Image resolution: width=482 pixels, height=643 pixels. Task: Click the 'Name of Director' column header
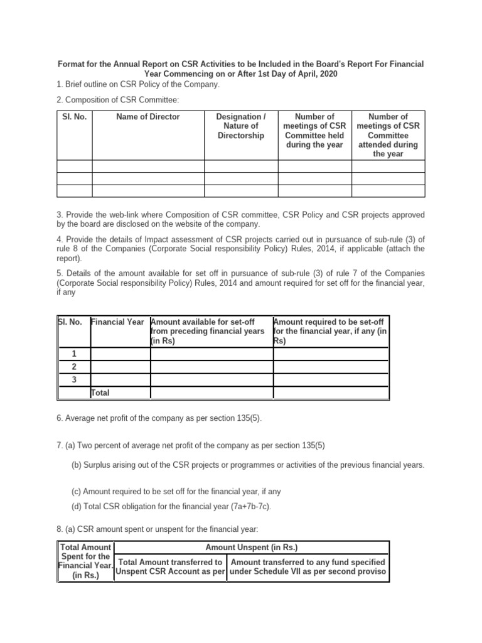(x=148, y=117)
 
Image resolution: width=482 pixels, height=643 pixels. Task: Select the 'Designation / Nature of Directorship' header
(x=240, y=126)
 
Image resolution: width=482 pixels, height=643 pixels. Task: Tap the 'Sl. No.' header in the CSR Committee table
(x=74, y=117)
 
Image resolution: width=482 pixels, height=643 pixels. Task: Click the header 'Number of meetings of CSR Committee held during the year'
(x=314, y=131)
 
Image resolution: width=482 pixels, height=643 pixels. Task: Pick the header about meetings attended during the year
(x=388, y=135)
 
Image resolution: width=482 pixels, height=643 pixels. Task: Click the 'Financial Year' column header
(x=119, y=321)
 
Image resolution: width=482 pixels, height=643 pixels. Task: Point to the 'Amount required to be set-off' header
(x=330, y=331)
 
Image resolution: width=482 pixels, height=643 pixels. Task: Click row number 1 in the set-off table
(x=74, y=354)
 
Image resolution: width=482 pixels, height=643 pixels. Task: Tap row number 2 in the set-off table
(x=74, y=367)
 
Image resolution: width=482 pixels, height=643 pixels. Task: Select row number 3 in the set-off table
(x=74, y=380)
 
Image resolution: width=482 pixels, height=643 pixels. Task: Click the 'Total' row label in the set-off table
(x=101, y=392)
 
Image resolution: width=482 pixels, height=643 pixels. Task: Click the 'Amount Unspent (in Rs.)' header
(x=252, y=548)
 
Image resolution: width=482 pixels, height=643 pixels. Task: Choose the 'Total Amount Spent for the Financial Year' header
(x=85, y=561)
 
